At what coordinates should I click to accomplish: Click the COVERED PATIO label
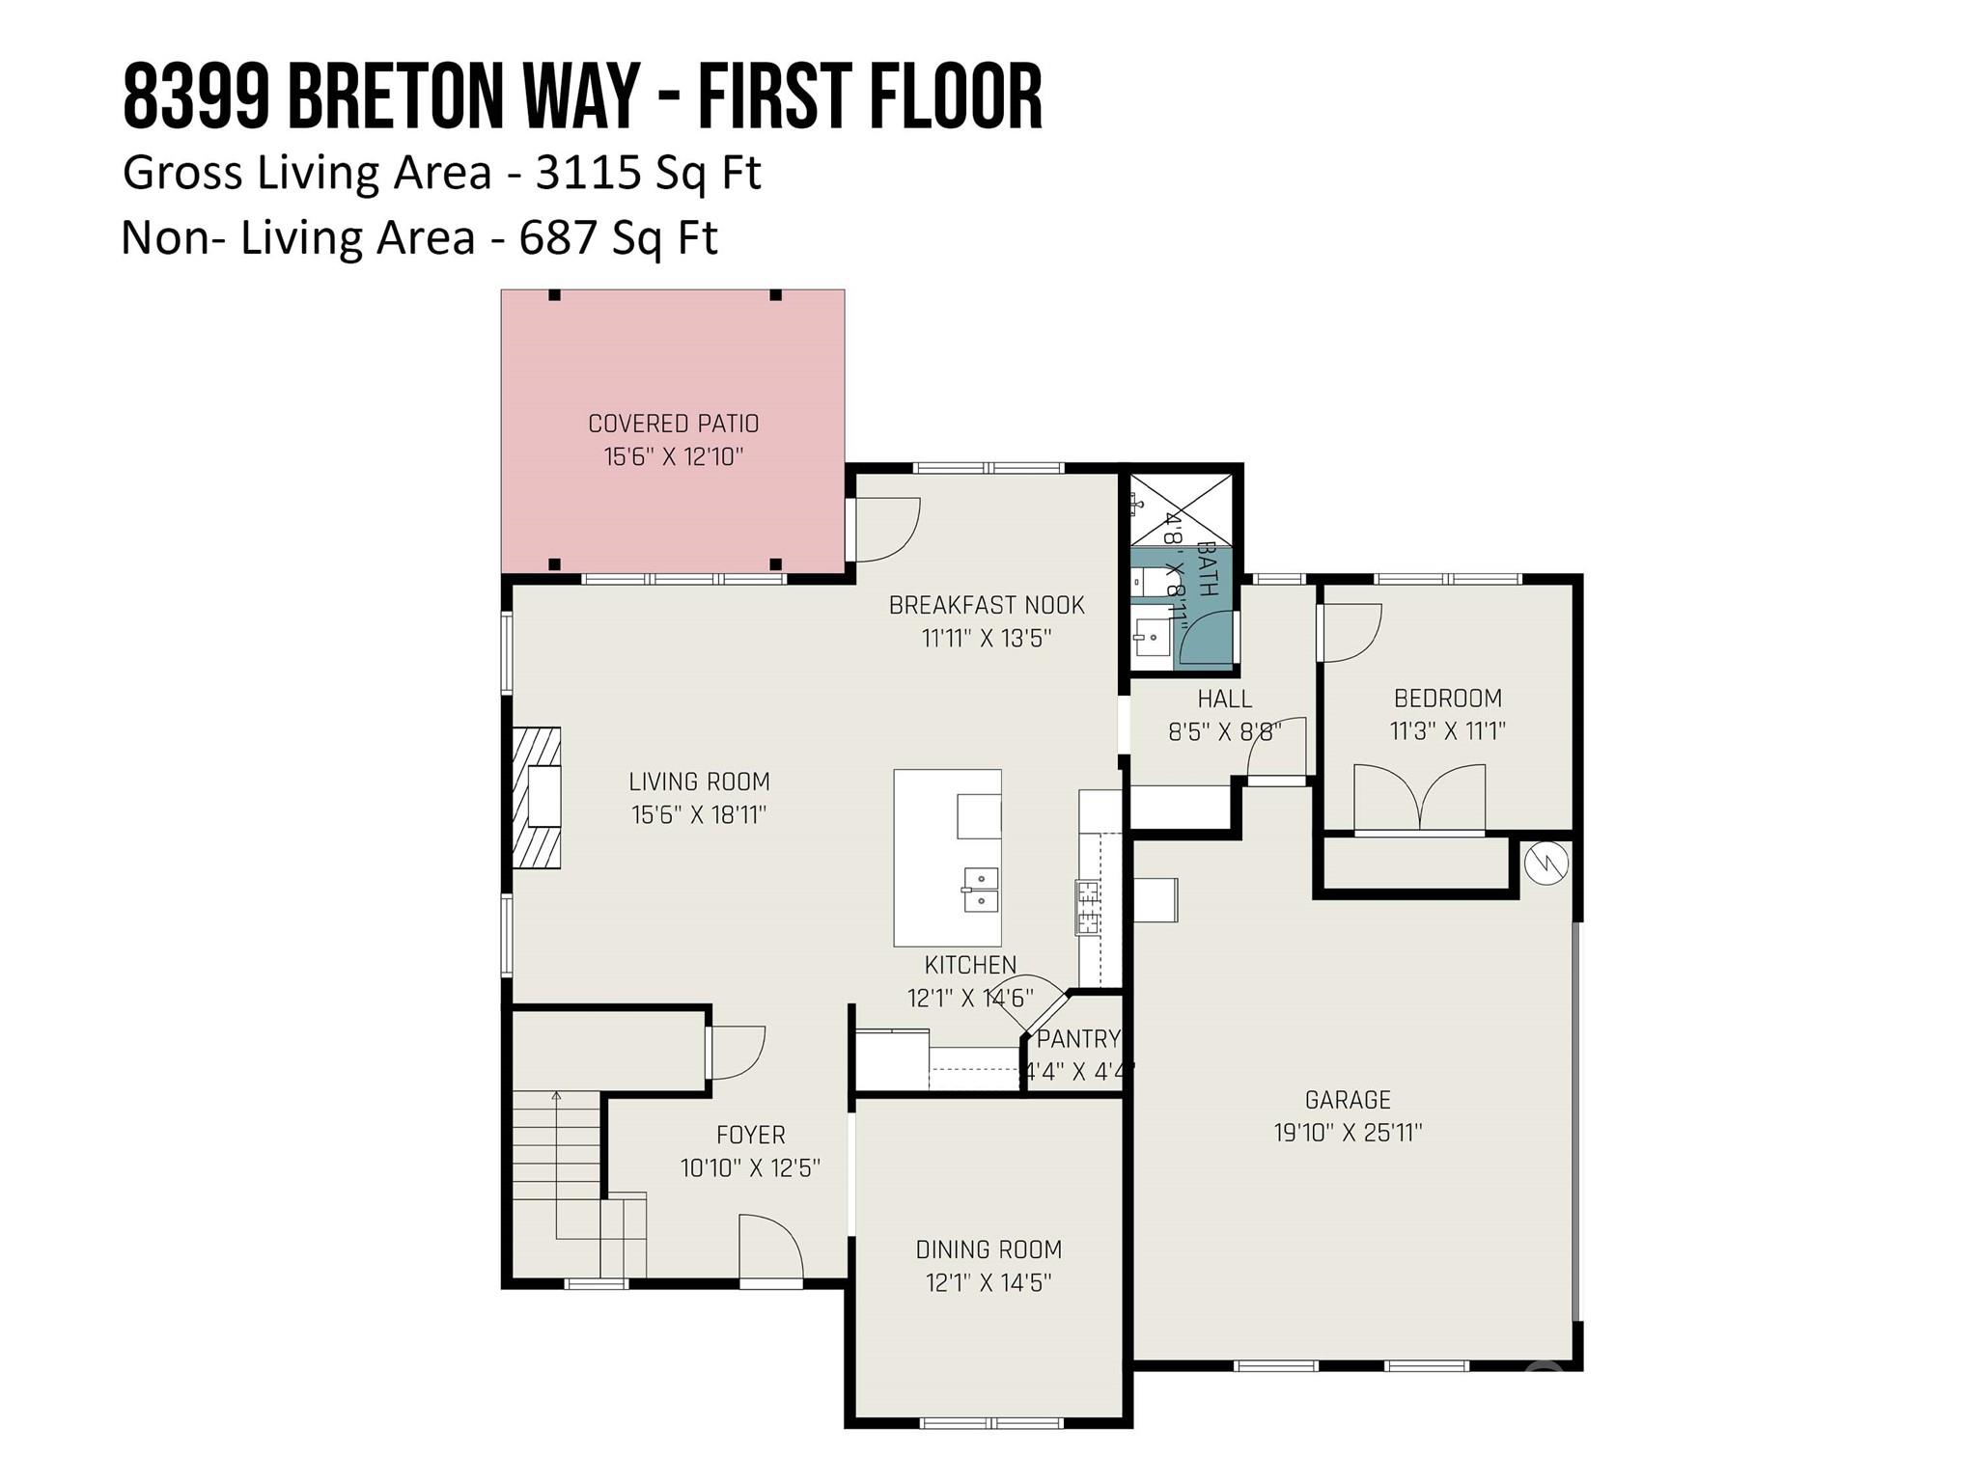[x=673, y=424]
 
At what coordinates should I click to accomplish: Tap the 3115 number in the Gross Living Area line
[x=588, y=174]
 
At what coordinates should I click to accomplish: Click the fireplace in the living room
[x=537, y=798]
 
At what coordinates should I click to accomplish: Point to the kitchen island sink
[x=981, y=890]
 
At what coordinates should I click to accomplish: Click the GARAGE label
[x=1348, y=1100]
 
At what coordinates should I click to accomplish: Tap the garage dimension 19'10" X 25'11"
[x=1348, y=1133]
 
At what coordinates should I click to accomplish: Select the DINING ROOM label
[x=988, y=1250]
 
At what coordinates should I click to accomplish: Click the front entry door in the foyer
[x=770, y=1251]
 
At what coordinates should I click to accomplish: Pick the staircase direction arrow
[x=557, y=1097]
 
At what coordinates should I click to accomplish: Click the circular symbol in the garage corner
[x=1546, y=862]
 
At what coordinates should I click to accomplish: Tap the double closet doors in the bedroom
[x=1419, y=799]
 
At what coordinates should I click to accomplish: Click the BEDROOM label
[x=1447, y=699]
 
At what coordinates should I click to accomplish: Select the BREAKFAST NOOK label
[x=987, y=606]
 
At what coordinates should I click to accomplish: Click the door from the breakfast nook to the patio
[x=884, y=530]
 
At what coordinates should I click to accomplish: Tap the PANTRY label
[x=1077, y=1039]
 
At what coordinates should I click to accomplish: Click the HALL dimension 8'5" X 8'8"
[x=1224, y=731]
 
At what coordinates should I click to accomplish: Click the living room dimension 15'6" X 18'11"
[x=699, y=815]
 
